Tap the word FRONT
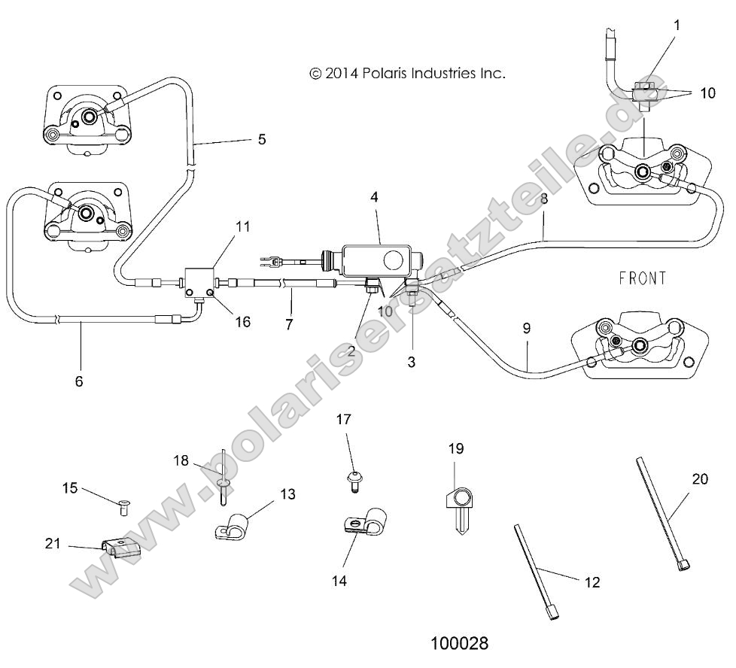(x=643, y=278)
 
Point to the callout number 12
(x=594, y=581)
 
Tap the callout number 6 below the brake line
(x=79, y=381)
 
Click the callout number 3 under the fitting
(x=411, y=362)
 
